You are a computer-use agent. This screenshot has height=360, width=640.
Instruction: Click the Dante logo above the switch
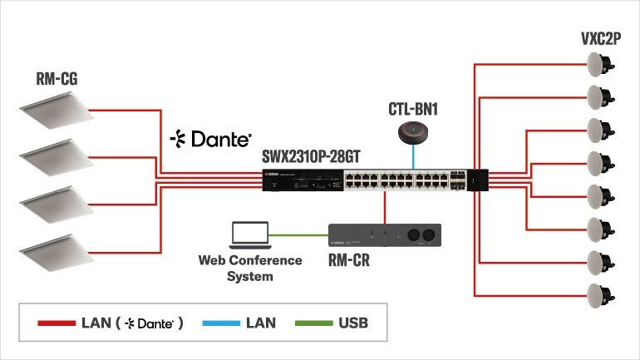[210, 138]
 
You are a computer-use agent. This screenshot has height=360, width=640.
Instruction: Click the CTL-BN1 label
[412, 109]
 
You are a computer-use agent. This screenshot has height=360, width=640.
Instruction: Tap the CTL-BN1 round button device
[412, 132]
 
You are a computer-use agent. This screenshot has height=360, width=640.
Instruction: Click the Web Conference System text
[249, 268]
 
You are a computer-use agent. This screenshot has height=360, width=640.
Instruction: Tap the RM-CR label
[348, 262]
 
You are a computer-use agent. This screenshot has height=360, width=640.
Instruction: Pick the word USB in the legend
[352, 323]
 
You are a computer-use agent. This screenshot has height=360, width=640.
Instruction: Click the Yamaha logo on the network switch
[271, 173]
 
